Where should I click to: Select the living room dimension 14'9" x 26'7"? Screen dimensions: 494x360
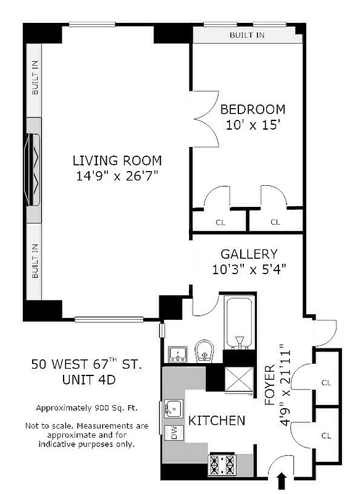click(117, 176)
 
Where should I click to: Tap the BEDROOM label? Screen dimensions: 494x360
click(253, 110)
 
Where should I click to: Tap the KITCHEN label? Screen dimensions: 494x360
click(217, 421)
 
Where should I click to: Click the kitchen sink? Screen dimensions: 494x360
click(174, 408)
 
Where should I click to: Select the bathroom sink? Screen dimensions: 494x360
click(177, 354)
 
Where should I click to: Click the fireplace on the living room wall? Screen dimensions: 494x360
click(34, 164)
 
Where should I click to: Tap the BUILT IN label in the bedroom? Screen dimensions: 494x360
click(247, 35)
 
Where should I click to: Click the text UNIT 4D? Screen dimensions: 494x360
click(86, 381)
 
